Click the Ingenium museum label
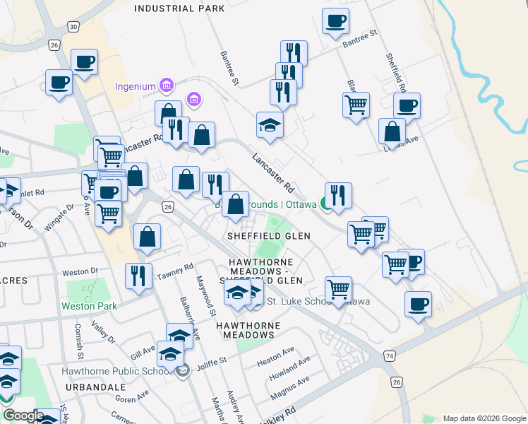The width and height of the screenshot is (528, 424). point(135,87)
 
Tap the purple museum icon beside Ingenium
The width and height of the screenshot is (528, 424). point(167,86)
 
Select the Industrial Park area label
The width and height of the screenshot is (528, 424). point(179,8)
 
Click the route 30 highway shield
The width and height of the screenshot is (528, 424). point(73,26)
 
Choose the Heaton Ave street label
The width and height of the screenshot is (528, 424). point(276,351)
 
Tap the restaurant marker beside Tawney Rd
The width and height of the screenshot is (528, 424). point(137,276)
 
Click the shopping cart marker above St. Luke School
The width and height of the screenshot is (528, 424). point(339,288)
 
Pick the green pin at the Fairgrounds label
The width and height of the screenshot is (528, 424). point(326,204)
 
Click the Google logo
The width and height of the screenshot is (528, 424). point(23,416)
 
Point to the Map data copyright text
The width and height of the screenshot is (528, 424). point(484,418)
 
